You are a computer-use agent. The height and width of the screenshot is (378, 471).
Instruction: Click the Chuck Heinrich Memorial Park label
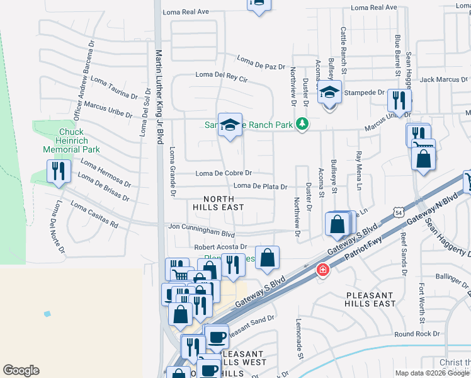[x=71, y=141]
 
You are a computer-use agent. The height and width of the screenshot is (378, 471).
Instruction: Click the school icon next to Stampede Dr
[x=329, y=93]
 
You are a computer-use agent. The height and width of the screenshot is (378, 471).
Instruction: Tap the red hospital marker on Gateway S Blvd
[x=322, y=270]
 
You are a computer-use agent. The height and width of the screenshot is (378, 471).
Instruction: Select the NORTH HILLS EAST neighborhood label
[x=218, y=202]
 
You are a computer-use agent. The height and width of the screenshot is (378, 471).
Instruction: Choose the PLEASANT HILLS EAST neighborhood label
[x=370, y=299]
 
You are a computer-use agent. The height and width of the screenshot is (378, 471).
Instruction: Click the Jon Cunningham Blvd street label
[x=201, y=228]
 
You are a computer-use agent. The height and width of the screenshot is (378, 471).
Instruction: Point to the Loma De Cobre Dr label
[x=224, y=173]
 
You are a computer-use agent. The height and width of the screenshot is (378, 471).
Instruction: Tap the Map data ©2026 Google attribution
[x=432, y=373]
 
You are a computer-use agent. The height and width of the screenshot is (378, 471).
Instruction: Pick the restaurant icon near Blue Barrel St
[x=399, y=100]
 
